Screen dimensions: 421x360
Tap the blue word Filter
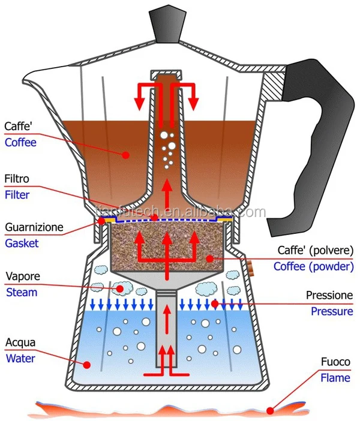(x=17, y=194)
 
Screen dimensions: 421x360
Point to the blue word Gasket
(x=21, y=243)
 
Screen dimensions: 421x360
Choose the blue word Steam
(x=21, y=293)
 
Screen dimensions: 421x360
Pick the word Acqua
(x=20, y=343)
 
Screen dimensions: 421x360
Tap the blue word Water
(x=19, y=359)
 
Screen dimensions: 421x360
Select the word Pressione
(x=329, y=295)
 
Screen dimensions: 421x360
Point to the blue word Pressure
(x=332, y=311)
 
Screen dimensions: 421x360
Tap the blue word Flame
(x=334, y=378)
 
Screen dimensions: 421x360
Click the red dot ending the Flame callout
(x=271, y=411)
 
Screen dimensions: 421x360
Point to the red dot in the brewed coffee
(x=126, y=155)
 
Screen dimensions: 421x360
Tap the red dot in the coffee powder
(x=209, y=257)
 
